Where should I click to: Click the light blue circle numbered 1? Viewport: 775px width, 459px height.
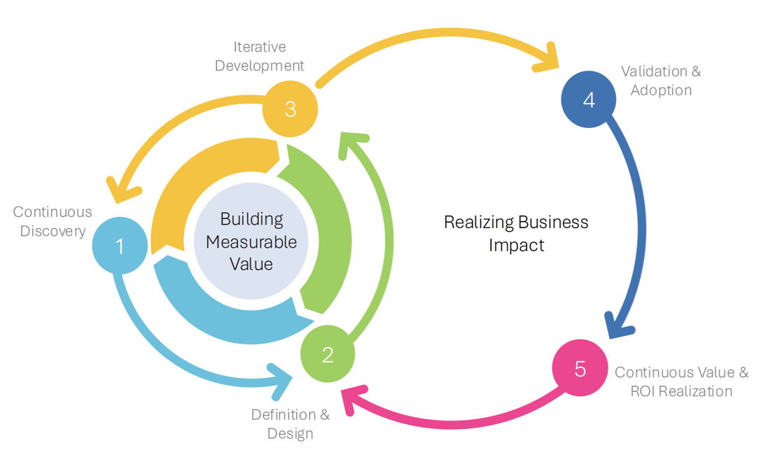pyautogui.click(x=120, y=246)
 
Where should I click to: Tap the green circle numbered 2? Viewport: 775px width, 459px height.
pyautogui.click(x=328, y=355)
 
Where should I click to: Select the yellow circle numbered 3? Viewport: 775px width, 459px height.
pyautogui.click(x=291, y=109)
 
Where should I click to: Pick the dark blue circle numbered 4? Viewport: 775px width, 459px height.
pyautogui.click(x=589, y=100)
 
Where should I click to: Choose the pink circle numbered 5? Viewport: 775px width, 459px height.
pyautogui.click(x=580, y=369)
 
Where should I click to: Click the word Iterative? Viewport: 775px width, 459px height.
pyautogui.click(x=260, y=47)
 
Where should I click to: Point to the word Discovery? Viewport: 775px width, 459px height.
pyautogui.click(x=53, y=231)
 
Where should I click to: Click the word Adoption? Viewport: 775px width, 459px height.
pyautogui.click(x=661, y=90)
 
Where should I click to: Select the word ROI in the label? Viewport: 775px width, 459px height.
pyautogui.click(x=645, y=391)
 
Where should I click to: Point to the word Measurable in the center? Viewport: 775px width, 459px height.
pyautogui.click(x=251, y=242)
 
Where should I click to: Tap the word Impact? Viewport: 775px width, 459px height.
pyautogui.click(x=517, y=246)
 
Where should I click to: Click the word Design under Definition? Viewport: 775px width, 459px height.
pyautogui.click(x=290, y=434)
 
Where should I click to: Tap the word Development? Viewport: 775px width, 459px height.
pyautogui.click(x=260, y=66)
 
